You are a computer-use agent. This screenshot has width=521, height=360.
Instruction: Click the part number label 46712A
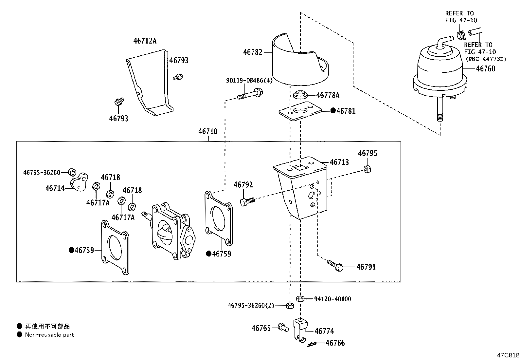(145, 41)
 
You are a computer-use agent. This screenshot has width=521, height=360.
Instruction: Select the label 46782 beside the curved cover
(253, 52)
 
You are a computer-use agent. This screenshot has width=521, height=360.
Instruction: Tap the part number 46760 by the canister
(486, 69)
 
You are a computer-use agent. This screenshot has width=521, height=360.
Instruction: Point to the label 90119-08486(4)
(249, 81)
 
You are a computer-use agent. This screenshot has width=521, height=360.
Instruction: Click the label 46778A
(328, 95)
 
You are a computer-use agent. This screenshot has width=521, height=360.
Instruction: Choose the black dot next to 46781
(333, 111)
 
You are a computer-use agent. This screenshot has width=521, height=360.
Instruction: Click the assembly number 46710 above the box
(208, 132)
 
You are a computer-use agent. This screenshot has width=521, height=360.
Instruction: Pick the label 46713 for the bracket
(339, 162)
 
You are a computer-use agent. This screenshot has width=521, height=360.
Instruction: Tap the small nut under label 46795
(367, 169)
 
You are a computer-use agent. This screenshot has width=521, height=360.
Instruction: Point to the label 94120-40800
(332, 299)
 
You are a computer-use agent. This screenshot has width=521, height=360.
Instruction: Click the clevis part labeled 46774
(300, 331)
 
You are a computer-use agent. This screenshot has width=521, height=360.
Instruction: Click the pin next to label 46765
(283, 327)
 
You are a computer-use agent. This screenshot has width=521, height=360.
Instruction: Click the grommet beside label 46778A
(300, 95)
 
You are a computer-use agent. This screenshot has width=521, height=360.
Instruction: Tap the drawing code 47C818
(508, 355)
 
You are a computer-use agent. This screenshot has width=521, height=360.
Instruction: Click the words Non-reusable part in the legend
(49, 335)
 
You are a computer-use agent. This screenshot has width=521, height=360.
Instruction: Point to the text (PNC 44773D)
(486, 59)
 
